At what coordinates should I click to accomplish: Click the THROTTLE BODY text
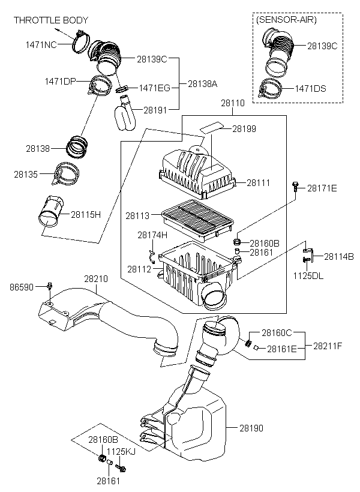(x=51, y=20)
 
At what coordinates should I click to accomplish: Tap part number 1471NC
(x=41, y=44)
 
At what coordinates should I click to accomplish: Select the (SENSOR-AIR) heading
(x=286, y=20)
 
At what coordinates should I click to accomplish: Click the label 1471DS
(x=310, y=88)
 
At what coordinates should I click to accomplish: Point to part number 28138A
(x=202, y=84)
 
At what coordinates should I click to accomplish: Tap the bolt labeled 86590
(x=50, y=286)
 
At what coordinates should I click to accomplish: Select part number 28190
(x=251, y=428)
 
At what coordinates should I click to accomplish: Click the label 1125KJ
(x=121, y=452)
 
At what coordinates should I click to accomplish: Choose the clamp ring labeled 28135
(x=65, y=174)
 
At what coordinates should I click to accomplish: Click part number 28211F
(x=328, y=346)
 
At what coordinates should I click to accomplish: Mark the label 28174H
(x=152, y=235)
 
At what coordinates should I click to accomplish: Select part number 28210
(x=96, y=278)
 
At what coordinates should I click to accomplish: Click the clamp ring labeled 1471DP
(x=100, y=86)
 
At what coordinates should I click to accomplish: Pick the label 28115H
(x=86, y=215)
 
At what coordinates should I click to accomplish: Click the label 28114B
(x=339, y=256)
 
